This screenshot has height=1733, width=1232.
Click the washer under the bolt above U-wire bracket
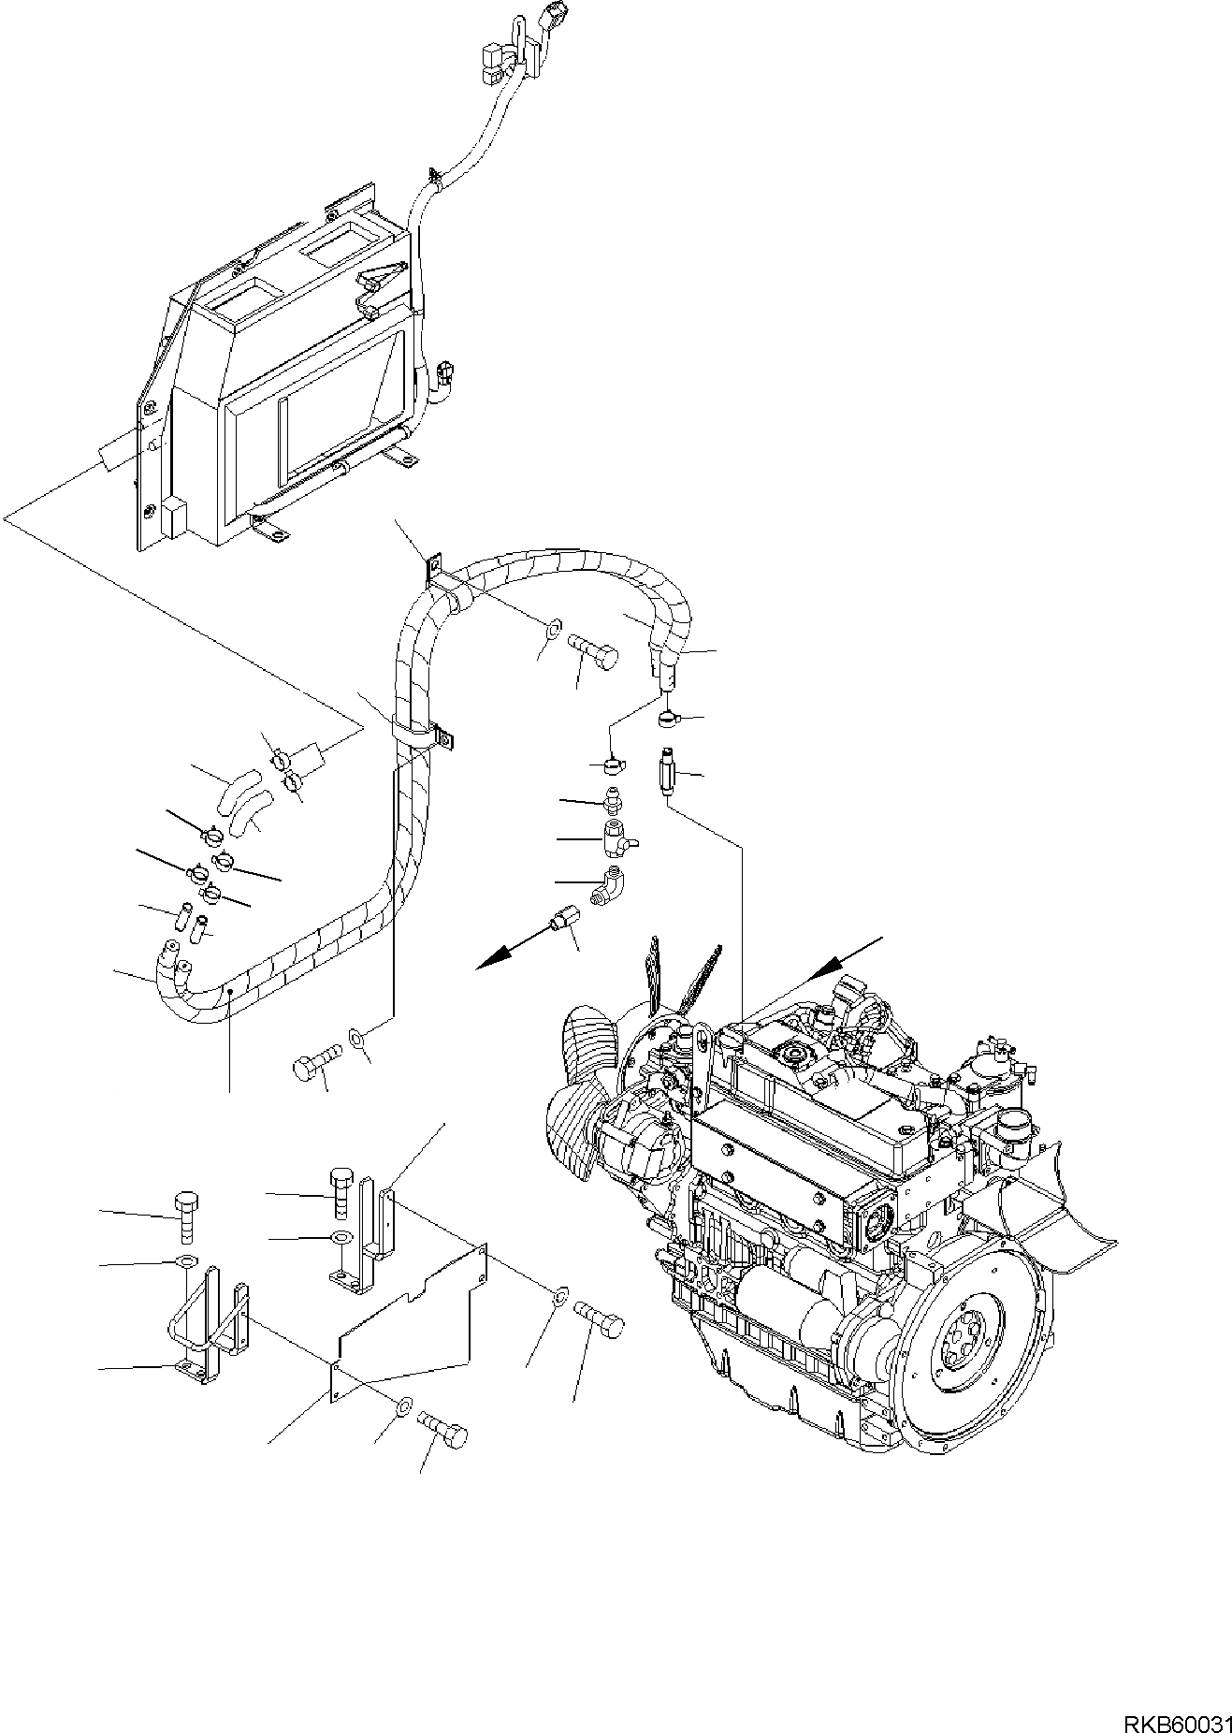[186, 1261]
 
